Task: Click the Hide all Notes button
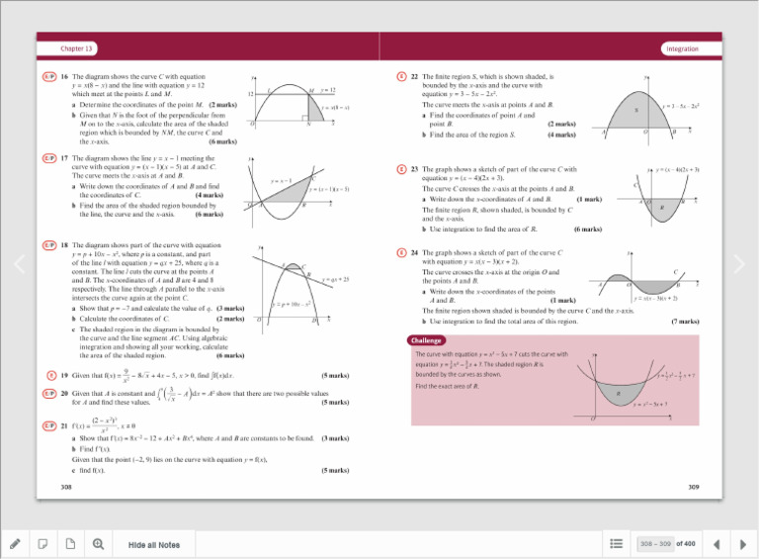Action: [154, 544]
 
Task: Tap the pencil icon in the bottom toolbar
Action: [15, 544]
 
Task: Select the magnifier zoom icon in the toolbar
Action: [98, 544]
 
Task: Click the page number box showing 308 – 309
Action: [655, 543]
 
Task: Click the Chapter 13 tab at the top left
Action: [76, 48]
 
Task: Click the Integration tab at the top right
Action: [682, 48]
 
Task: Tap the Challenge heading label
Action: [431, 340]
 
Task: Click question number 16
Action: [64, 77]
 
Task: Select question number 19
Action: [64, 376]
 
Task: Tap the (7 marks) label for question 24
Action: [685, 322]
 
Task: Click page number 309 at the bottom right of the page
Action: [693, 487]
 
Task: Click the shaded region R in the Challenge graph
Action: [620, 395]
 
